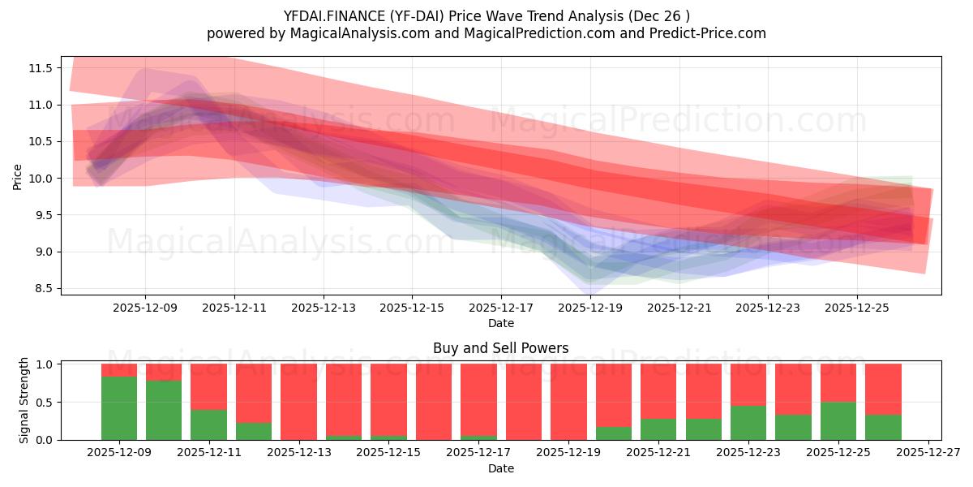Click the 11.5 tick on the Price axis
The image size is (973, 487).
tap(41, 68)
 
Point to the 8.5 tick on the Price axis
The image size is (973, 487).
tap(41, 288)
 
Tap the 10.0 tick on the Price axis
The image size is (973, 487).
tap(41, 179)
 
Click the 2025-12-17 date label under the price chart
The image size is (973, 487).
tap(501, 308)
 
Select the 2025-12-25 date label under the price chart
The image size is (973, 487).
tap(857, 308)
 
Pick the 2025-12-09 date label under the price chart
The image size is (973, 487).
tap(145, 308)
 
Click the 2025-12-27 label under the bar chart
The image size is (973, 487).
tap(927, 454)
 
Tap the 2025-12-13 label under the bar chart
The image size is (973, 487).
tap(298, 454)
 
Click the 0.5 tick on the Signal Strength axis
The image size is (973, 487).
tap(45, 402)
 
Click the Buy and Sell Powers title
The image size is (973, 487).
tap(500, 348)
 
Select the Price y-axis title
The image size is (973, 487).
tap(18, 176)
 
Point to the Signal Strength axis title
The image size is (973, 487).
tap(24, 400)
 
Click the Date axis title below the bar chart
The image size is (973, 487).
tap(500, 468)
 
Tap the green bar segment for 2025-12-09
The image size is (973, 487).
tap(119, 408)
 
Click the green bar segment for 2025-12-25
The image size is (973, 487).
tap(838, 420)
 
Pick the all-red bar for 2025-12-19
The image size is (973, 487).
tap(568, 402)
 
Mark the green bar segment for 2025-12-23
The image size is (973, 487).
tap(748, 423)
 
